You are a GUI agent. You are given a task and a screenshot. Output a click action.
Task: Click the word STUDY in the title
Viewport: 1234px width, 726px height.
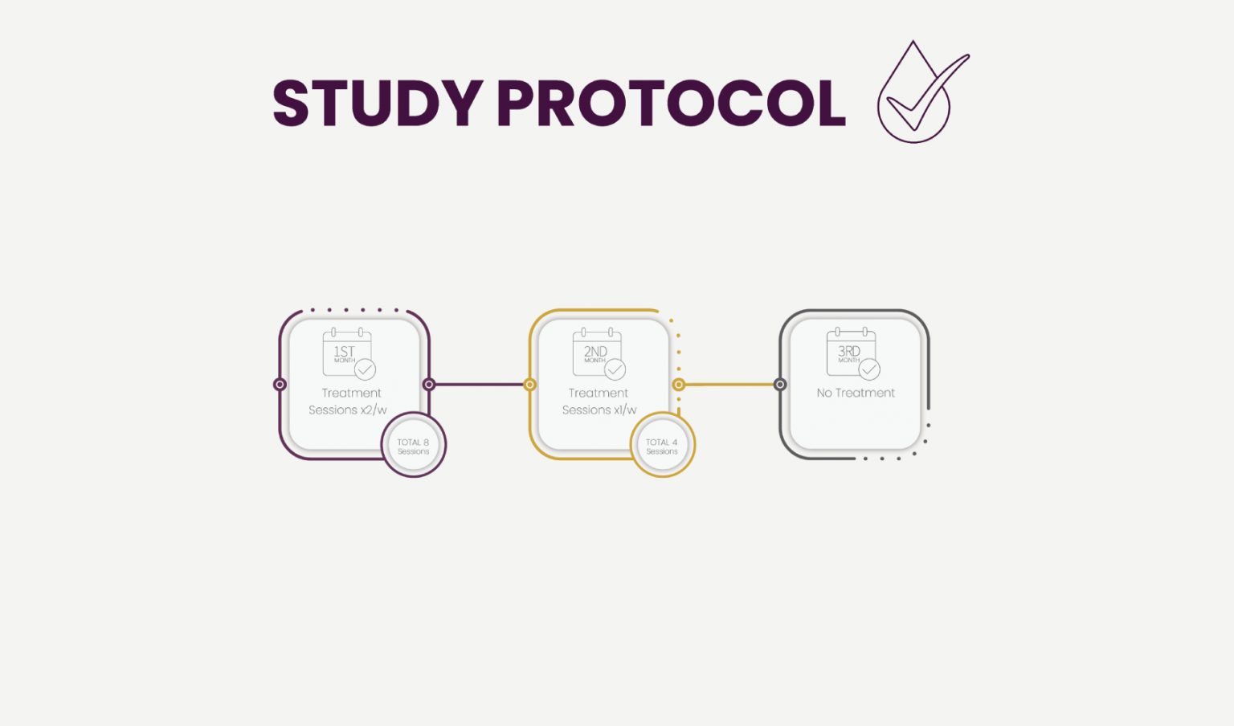point(378,103)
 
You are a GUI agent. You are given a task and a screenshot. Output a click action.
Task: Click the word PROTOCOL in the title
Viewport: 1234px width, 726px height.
point(672,103)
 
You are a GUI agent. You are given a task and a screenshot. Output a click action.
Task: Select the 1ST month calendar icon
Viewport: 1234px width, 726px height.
point(349,353)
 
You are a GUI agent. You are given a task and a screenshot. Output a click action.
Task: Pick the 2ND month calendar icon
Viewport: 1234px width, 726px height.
point(599,353)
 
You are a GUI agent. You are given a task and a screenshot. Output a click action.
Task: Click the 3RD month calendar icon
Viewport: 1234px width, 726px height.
point(853,353)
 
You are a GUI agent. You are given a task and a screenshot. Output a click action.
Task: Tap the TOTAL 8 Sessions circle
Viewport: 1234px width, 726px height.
point(413,445)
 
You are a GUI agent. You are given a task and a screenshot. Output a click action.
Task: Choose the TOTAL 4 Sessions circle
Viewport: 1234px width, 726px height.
point(662,445)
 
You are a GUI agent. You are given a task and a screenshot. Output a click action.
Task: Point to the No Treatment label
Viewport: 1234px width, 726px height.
point(856,393)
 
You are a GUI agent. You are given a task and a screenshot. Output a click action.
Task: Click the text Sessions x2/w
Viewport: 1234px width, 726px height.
point(348,410)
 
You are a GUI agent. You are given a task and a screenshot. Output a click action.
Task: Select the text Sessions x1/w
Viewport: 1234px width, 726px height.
point(599,410)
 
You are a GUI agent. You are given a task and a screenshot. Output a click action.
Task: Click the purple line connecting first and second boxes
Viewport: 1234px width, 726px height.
point(480,385)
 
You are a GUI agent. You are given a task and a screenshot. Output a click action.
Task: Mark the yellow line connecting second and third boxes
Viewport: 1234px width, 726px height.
point(729,385)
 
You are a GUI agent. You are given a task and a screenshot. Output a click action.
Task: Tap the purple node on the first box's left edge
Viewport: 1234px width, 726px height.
point(280,385)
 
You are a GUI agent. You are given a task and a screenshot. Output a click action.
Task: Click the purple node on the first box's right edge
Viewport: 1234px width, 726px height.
point(429,385)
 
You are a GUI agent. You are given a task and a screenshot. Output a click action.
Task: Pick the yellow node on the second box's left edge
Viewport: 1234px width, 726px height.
point(530,385)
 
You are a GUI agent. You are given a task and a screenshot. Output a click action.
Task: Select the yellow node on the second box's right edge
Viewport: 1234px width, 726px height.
point(679,385)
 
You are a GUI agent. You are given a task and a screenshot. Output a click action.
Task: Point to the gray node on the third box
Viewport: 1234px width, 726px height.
point(780,385)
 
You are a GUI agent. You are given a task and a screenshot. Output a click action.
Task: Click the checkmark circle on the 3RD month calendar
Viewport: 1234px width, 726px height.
point(869,369)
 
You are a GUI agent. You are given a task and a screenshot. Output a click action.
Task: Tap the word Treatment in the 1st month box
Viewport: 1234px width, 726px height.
point(351,393)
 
